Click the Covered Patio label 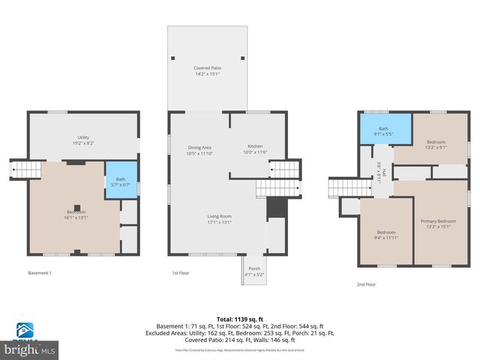(207, 71)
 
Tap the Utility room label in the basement (83, 140)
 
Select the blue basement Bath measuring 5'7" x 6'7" (115, 181)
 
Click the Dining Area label (199, 150)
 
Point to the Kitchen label (256, 149)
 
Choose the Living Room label (220, 219)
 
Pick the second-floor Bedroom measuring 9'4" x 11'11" (385, 235)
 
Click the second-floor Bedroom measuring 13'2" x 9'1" (436, 145)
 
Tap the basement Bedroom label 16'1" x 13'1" (76, 214)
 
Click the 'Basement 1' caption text (40, 273)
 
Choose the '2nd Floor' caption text (366, 284)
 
